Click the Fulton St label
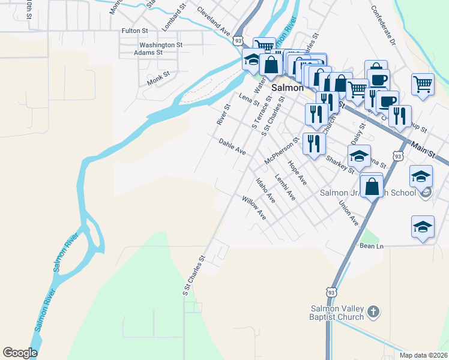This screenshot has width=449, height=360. click(134, 31)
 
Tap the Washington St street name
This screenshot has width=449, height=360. click(161, 45)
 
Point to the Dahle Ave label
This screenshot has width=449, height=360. click(232, 146)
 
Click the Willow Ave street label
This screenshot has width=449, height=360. click(253, 206)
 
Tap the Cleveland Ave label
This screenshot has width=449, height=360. click(213, 20)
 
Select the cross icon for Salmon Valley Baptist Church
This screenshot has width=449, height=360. click(373, 311)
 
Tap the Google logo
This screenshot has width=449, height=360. click(20, 353)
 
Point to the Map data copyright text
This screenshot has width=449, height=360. click(423, 355)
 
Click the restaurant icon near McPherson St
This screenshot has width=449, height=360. click(314, 143)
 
